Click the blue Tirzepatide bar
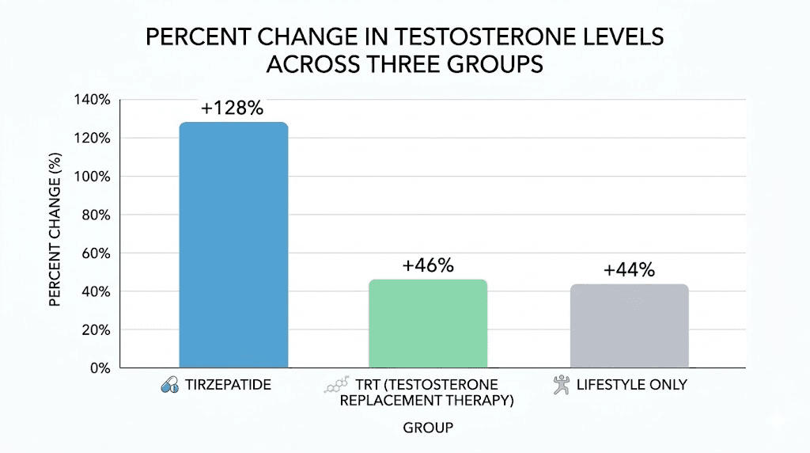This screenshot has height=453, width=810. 233,245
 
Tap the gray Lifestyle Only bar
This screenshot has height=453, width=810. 629,325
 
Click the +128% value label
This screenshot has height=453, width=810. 232,108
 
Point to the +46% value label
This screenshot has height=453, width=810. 428,265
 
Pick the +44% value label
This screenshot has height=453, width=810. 629,270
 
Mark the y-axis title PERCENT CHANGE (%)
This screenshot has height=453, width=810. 55,234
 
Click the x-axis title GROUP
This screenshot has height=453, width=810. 428,428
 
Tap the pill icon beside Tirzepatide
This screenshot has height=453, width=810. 169,386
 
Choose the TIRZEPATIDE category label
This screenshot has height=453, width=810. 228,386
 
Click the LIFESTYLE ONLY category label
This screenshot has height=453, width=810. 630,386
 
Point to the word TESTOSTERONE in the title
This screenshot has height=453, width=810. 423,37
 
